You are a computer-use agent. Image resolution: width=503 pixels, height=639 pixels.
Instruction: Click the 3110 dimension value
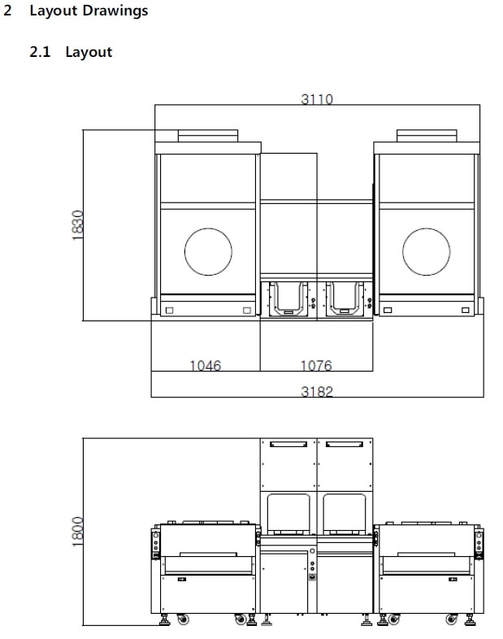click(317, 99)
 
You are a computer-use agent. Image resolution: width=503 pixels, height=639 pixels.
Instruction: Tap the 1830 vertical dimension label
click(77, 225)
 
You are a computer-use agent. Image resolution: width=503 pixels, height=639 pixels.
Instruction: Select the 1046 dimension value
click(206, 365)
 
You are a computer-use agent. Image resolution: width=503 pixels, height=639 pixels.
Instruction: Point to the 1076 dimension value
click(316, 365)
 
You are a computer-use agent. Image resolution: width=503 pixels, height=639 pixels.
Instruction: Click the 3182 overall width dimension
click(317, 391)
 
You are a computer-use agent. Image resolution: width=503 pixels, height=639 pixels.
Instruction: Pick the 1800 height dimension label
click(77, 532)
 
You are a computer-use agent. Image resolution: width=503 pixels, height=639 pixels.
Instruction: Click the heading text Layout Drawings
click(89, 11)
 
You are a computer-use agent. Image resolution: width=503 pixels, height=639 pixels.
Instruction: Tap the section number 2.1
click(40, 52)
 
